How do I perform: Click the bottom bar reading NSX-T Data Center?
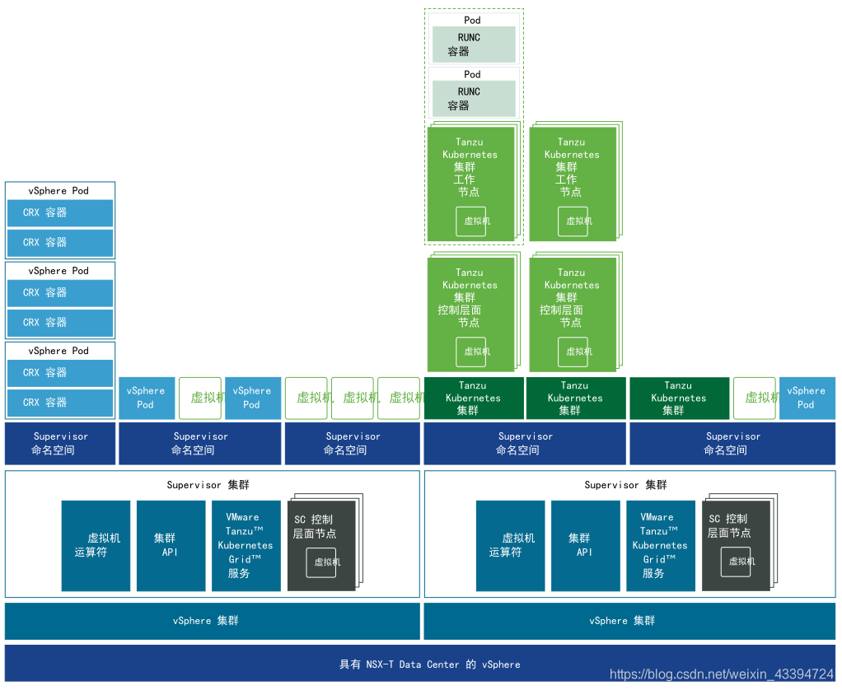pyautogui.click(x=420, y=664)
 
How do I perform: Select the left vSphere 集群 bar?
pyautogui.click(x=212, y=621)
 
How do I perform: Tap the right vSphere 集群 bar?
pyautogui.click(x=629, y=621)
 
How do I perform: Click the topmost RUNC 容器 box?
pyautogui.click(x=474, y=44)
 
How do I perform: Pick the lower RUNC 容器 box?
pyautogui.click(x=474, y=99)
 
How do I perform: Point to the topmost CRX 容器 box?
pyautogui.click(x=60, y=212)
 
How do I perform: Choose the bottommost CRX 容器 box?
pyautogui.click(x=60, y=403)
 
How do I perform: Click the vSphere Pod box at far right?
pyautogui.click(x=807, y=398)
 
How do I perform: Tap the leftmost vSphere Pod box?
pyautogui.click(x=146, y=398)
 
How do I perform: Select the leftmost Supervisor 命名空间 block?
pyautogui.click(x=60, y=444)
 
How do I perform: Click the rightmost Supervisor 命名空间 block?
pyautogui.click(x=732, y=444)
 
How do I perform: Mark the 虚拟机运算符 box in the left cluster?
pyautogui.click(x=96, y=545)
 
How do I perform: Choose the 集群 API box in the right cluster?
pyautogui.click(x=585, y=545)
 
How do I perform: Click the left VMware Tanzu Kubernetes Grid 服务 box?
pyautogui.click(x=246, y=545)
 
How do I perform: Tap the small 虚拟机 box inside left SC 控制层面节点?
pyautogui.click(x=322, y=562)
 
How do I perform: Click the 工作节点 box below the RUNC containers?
pyautogui.click(x=472, y=182)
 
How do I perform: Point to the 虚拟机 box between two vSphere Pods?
pyautogui.click(x=201, y=399)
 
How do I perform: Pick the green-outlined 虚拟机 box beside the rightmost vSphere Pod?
pyautogui.click(x=755, y=399)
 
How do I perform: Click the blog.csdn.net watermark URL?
pyautogui.click(x=722, y=674)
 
